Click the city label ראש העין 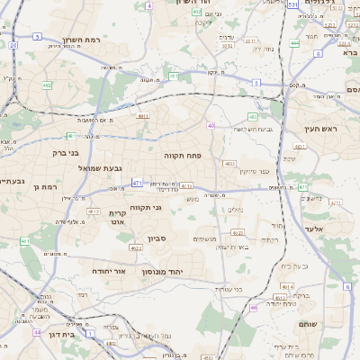coord(319,130)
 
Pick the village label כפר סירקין coord(254,170)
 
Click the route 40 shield coord(211,125)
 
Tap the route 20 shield coord(13,44)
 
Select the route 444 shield coord(295,42)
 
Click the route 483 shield coord(253,116)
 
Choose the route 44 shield coord(37,332)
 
